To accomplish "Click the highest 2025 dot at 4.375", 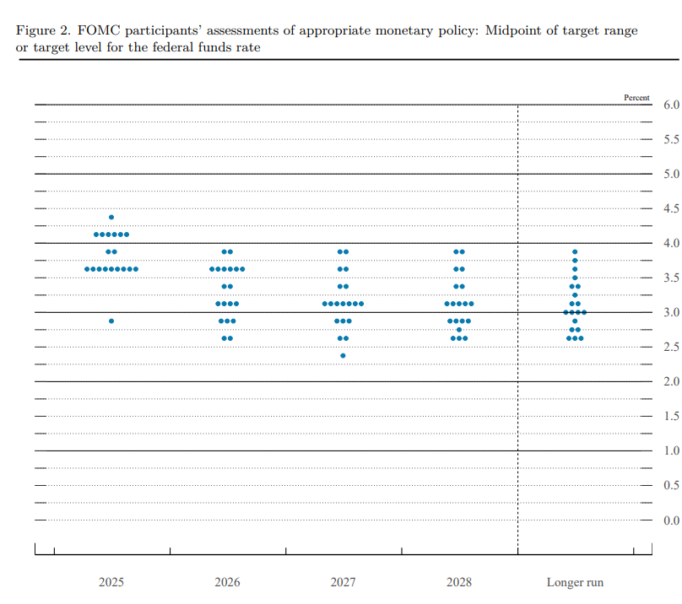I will click(111, 217).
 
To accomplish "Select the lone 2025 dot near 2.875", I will click(111, 321).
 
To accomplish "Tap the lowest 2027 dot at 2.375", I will click(343, 355).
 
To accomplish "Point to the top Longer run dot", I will click(575, 251).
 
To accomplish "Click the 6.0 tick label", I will click(671, 105).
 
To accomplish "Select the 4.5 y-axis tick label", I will click(671, 209).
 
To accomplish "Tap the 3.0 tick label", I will click(671, 313).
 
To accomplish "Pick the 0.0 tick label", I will click(671, 520).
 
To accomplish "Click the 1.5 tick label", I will click(671, 417).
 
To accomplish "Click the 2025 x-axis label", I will click(111, 582).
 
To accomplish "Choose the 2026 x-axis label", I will click(227, 582).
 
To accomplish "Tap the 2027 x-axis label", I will click(343, 582).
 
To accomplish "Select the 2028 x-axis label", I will click(459, 582).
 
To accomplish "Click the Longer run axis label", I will click(575, 582).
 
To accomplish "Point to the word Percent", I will click(636, 98).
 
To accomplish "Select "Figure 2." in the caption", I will click(42, 30).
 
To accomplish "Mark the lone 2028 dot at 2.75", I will click(459, 329).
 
